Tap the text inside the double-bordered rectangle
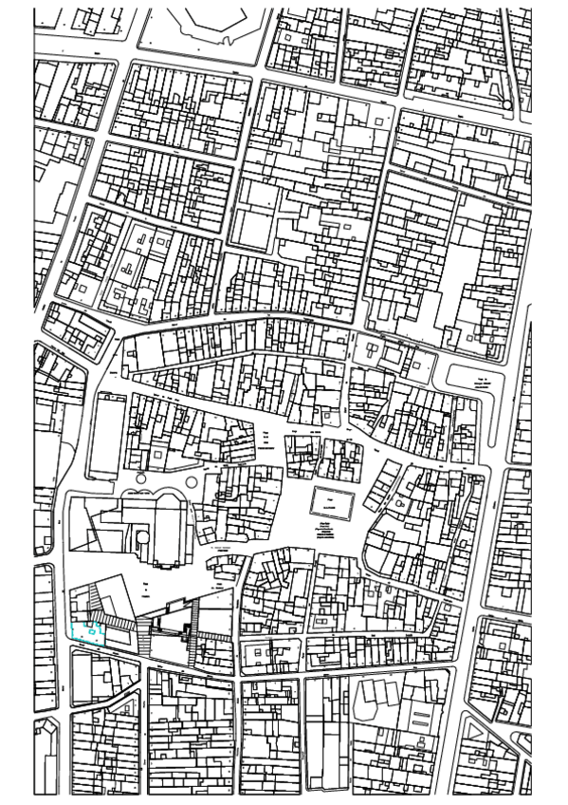point(329,498)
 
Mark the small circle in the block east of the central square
point(401,503)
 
